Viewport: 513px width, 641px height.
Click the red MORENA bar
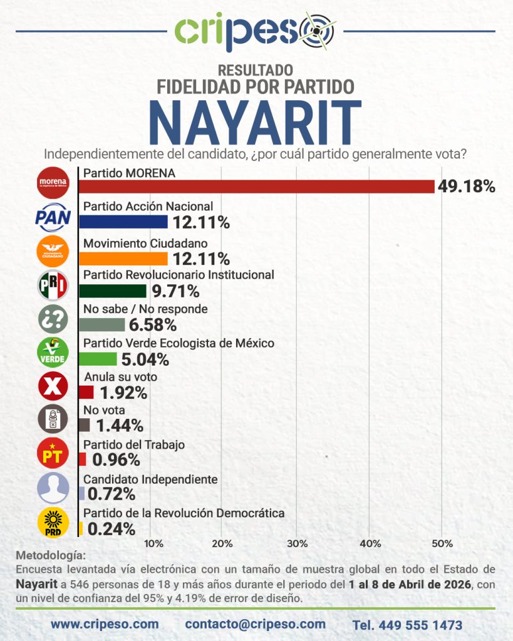257,187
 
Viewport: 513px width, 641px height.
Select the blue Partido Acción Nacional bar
123,221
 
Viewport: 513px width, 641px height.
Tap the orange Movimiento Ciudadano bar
123,258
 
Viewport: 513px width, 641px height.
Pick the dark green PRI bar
113,290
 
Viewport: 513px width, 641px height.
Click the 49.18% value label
467,187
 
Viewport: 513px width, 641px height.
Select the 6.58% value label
153,325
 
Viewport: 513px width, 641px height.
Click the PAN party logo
53,217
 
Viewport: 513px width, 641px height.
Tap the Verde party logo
53,352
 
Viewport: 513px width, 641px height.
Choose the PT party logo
53,454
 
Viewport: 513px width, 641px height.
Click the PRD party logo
53,523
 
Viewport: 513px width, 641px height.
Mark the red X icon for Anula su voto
53,386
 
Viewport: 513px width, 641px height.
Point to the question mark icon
53,319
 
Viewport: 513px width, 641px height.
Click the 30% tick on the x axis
296,543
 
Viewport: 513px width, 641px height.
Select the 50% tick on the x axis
442,543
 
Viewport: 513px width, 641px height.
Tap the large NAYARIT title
256,123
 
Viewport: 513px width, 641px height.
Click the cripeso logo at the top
256,31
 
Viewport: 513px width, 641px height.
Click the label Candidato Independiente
150,479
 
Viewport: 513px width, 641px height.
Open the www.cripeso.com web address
105,624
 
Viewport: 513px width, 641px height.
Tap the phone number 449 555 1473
407,625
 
